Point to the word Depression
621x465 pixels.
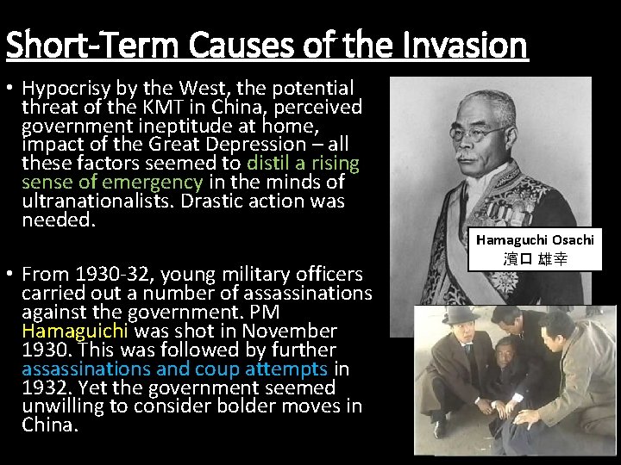click(x=259, y=145)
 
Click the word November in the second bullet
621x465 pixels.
click(x=289, y=332)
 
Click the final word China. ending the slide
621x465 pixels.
click(x=49, y=425)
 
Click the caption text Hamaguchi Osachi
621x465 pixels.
click(x=535, y=240)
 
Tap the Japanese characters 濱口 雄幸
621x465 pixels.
click(x=535, y=258)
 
